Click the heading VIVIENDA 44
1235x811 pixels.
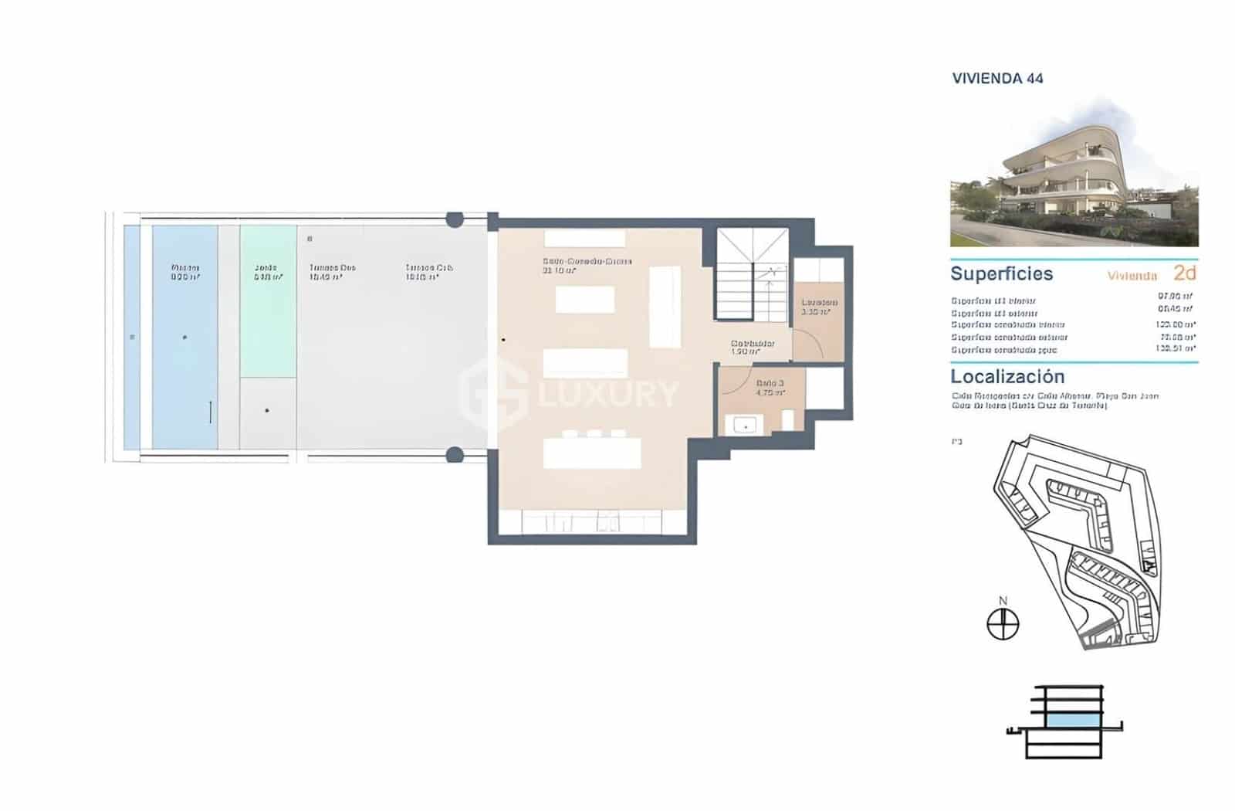click(997, 78)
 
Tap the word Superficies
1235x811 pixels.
click(1001, 273)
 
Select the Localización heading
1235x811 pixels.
click(1007, 377)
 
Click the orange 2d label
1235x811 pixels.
click(1184, 273)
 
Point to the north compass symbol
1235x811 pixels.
click(1003, 623)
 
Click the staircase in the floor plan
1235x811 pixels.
click(752, 273)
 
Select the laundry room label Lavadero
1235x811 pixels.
click(819, 302)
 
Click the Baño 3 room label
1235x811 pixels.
click(770, 383)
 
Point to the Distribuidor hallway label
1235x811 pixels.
click(753, 344)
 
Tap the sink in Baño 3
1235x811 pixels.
click(746, 426)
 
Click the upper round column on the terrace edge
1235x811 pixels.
click(455, 220)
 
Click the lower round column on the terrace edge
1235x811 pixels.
click(455, 455)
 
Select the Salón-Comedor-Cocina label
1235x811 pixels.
click(587, 261)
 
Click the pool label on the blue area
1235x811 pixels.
click(185, 268)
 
